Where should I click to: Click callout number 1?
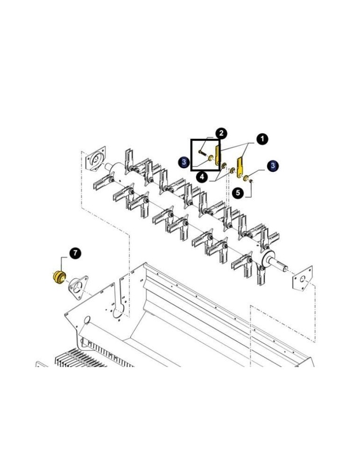262,139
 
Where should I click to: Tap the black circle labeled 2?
221,133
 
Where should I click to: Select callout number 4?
202,177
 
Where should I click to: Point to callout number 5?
238,193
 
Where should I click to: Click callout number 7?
75,253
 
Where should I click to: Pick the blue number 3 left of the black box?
184,163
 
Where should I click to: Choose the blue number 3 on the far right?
273,166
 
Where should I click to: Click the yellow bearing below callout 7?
59,277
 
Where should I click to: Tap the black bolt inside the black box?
202,153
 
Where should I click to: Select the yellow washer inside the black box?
211,158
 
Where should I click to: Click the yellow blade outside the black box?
240,167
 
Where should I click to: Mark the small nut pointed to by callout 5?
251,180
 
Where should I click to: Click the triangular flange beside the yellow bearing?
78,287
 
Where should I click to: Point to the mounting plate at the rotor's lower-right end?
303,278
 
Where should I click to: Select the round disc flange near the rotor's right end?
268,258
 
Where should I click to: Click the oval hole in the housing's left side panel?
87,320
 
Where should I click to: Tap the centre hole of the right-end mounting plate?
302,279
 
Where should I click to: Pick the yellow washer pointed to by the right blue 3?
246,178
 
